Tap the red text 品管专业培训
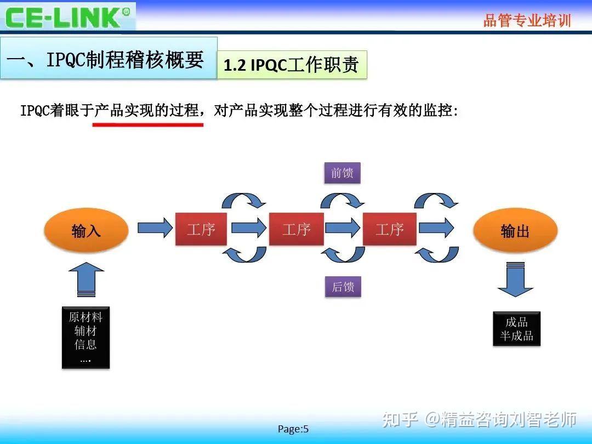point(527,21)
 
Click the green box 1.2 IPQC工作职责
point(292,65)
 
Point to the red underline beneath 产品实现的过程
point(147,125)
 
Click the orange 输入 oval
point(86,230)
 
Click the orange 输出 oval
point(515,230)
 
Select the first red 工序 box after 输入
point(201,229)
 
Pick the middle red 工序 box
point(296,229)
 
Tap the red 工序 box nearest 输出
point(389,229)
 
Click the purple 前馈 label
point(343,173)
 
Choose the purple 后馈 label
point(343,286)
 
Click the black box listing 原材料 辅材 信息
point(86,337)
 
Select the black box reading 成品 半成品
point(516,328)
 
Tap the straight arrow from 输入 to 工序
point(155,228)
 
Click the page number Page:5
point(293,429)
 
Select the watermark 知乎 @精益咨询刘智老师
point(480,419)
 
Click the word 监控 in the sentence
point(439,111)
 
